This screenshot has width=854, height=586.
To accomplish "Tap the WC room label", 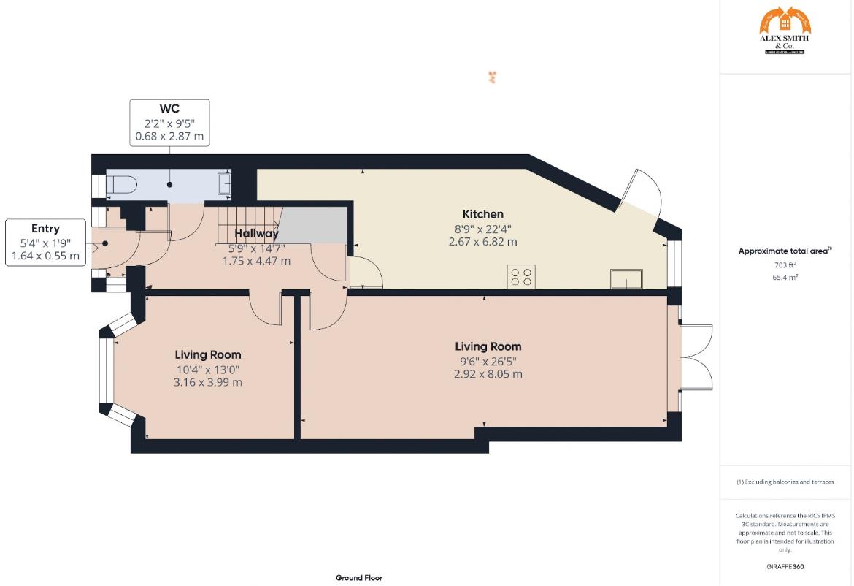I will (169, 109).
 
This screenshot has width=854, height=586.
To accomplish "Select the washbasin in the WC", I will (224, 184).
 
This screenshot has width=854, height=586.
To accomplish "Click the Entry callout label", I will (45, 229).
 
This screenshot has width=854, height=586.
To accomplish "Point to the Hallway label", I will (256, 234).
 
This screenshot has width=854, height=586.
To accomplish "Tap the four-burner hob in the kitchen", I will (521, 277).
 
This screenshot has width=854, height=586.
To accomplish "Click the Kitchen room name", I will (482, 214).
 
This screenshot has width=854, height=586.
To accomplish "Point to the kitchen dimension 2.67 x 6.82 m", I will (482, 242).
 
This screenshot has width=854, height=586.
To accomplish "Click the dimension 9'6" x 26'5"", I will (488, 360).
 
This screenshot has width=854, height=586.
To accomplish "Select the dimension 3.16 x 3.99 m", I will (208, 382).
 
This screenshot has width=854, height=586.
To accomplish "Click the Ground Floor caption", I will (358, 577).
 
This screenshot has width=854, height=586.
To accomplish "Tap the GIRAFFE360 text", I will (785, 566).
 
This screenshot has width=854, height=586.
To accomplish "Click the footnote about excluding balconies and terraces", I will (785, 482).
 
